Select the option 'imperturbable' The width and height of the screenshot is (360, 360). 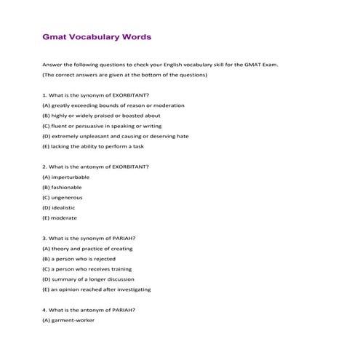pos(66,177)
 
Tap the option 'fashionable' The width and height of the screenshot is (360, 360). pos(62,187)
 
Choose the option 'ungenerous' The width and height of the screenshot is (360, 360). pos(63,197)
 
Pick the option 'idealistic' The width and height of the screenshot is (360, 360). pos(58,207)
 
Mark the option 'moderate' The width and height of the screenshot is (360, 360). pos(59,217)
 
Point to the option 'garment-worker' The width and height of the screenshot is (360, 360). pos(68,319)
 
